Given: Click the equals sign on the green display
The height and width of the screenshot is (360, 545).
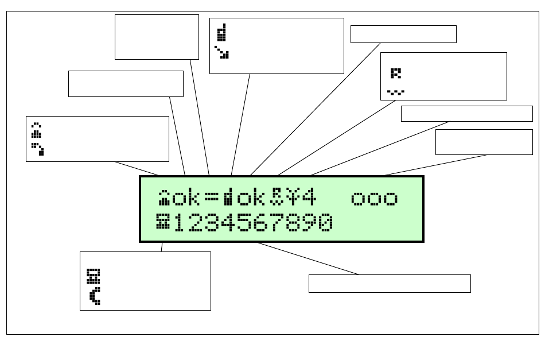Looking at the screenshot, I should [x=212, y=198].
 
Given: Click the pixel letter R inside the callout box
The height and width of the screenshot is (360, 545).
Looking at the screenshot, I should [x=396, y=73].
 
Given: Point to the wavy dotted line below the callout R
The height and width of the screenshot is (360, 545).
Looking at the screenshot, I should [x=395, y=91].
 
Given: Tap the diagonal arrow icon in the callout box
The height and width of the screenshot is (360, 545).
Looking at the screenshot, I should [x=221, y=53].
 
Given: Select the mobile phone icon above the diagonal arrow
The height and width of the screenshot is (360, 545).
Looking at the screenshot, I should [x=221, y=33].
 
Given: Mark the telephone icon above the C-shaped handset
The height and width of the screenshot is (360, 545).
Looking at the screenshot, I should [x=93, y=276].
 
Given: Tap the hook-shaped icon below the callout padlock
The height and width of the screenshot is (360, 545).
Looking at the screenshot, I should [x=38, y=149].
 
